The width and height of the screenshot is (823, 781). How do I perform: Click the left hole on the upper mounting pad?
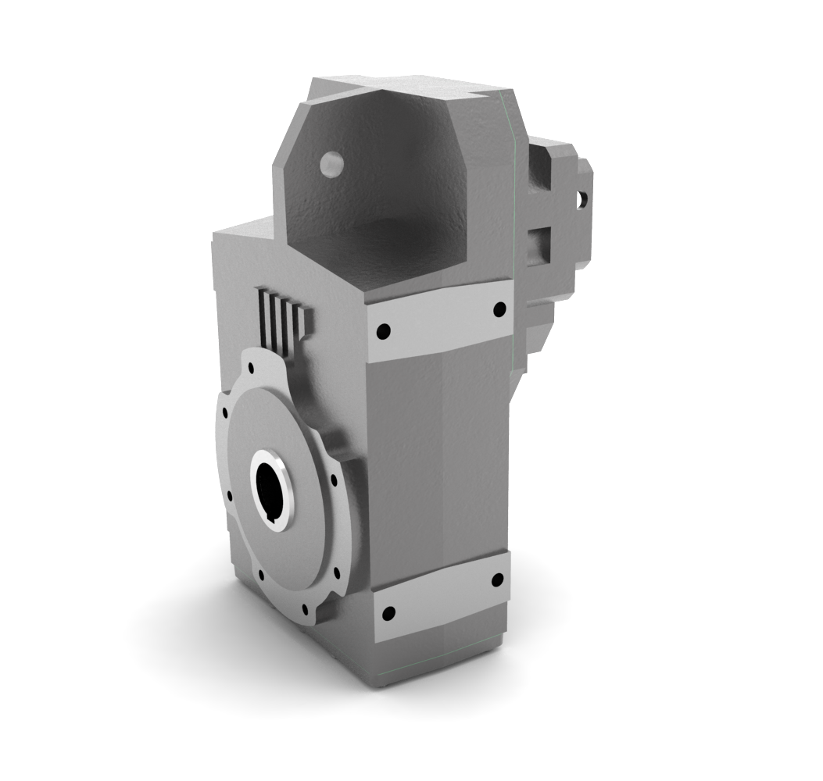[382, 332]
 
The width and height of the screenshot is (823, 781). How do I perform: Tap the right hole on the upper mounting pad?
[499, 310]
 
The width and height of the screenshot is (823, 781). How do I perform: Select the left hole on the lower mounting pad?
[388, 614]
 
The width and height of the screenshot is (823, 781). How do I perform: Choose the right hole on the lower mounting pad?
[497, 580]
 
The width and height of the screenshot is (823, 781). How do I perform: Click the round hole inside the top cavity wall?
[331, 163]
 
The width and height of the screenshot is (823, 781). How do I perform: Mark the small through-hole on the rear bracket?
[581, 199]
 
